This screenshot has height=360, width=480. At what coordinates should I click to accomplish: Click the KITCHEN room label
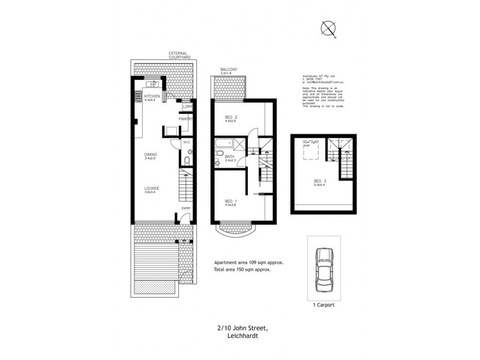click(152, 96)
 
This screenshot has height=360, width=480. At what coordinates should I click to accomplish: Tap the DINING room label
click(150, 155)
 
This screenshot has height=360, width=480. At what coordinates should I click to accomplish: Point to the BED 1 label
click(230, 202)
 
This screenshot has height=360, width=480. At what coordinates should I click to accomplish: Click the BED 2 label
click(231, 116)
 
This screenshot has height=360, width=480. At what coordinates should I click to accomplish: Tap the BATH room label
click(230, 157)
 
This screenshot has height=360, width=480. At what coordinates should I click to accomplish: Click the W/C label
click(187, 142)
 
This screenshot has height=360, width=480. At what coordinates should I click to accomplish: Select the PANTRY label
click(185, 119)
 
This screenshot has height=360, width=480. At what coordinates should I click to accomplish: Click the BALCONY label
click(228, 70)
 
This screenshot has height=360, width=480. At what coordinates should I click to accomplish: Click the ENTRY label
click(186, 208)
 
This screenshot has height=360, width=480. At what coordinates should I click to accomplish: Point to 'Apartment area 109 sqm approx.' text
click(249, 263)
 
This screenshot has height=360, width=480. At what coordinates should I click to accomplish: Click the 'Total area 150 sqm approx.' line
click(242, 270)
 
